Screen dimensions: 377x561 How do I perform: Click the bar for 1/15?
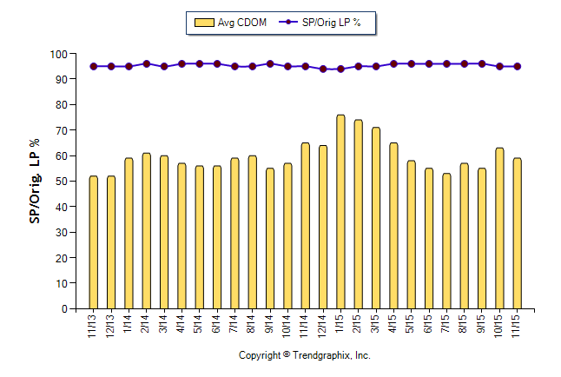tap(340, 212)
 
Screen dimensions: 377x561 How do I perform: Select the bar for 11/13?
tap(93, 242)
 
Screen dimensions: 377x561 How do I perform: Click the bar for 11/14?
tap(305, 226)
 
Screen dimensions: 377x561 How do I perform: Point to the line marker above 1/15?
tap(340, 69)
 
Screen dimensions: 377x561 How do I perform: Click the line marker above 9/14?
tap(269, 63)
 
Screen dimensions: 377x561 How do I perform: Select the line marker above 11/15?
tap(518, 66)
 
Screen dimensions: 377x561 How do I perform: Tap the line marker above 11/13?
tap(93, 66)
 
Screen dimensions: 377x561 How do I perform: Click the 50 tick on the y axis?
tap(60, 182)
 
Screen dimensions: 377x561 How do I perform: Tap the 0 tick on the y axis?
tap(63, 309)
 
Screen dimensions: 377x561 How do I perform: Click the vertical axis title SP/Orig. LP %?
tap(34, 181)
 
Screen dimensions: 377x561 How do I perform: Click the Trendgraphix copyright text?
tap(305, 356)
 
